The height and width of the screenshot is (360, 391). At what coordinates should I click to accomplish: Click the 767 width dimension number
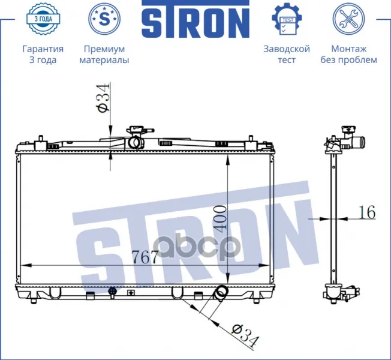[x=145, y=257]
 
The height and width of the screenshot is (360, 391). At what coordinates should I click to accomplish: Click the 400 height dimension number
[x=221, y=217]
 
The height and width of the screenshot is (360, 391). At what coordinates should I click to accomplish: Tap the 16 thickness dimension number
[x=367, y=212]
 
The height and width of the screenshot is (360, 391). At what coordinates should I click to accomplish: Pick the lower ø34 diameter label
[x=245, y=335]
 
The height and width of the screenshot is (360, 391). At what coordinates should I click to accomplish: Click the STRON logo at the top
[x=195, y=19]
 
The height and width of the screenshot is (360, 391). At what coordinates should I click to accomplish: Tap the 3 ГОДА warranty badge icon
[x=43, y=19]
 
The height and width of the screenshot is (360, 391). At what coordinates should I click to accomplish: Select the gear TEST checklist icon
[x=287, y=19]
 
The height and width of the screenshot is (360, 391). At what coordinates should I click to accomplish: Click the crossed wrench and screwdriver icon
[x=348, y=19]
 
